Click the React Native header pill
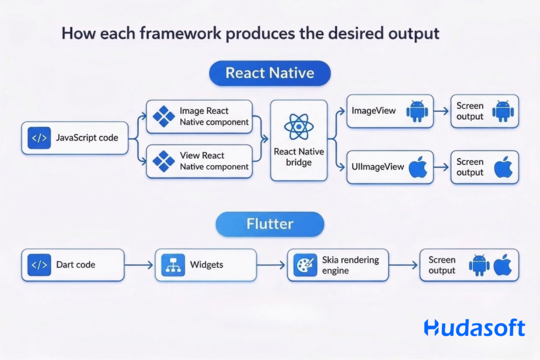pyautogui.click(x=269, y=73)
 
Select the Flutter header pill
pyautogui.click(x=269, y=224)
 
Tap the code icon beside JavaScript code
pyautogui.click(x=39, y=139)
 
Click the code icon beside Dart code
pyautogui.click(x=39, y=265)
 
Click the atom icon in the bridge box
pyautogui.click(x=298, y=126)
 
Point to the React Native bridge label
pyautogui.click(x=298, y=157)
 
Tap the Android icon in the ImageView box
pyautogui.click(x=417, y=111)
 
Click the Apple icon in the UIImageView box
pyautogui.click(x=418, y=167)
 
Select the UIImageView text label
pyautogui.click(x=378, y=167)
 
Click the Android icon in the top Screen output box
pyautogui.click(x=503, y=111)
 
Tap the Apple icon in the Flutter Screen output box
pyautogui.click(x=503, y=265)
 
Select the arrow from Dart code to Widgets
pyautogui.click(x=139, y=265)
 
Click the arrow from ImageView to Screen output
pyautogui.click(x=442, y=111)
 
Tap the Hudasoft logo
pyautogui.click(x=474, y=327)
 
